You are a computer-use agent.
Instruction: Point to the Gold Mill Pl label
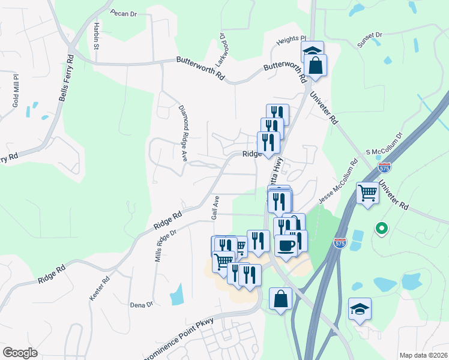16,91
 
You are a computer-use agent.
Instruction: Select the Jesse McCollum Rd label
337,181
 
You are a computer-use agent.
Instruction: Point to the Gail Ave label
214,207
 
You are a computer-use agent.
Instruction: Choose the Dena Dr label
142,305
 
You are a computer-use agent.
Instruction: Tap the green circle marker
380,229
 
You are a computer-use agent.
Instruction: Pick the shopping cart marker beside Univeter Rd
367,193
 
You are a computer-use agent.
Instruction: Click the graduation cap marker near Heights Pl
312,50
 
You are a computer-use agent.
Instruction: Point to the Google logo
20,353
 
